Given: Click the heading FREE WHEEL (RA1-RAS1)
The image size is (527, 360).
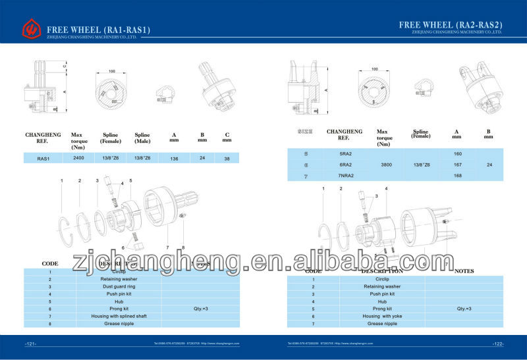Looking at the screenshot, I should (99, 29).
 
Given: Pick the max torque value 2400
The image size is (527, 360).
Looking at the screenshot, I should (78, 158).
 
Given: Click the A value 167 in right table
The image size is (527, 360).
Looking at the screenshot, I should (457, 165).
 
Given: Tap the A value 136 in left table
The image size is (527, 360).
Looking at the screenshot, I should (174, 158).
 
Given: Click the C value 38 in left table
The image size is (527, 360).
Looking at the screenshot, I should (227, 158).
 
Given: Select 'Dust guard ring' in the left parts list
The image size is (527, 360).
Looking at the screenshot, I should (119, 286).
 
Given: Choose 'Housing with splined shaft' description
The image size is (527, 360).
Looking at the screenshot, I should (119, 316).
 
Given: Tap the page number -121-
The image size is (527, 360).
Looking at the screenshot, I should (30, 344).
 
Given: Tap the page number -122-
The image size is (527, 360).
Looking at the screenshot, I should (497, 344).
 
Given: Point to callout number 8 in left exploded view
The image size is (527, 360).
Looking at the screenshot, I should (182, 247).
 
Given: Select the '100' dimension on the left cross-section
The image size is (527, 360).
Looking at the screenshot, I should (112, 70).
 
